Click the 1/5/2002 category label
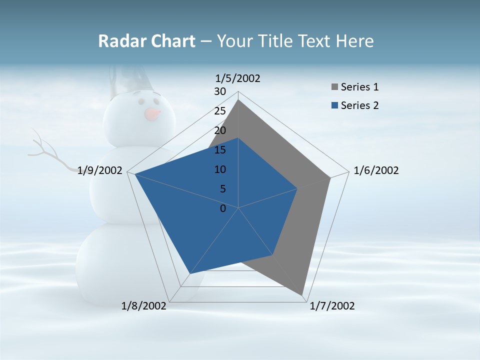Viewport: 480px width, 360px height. [x=238, y=78]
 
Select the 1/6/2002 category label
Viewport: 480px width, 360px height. [x=376, y=170]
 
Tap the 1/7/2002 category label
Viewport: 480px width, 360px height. [x=332, y=306]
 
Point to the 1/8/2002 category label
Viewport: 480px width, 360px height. [x=144, y=306]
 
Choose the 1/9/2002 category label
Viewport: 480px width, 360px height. [x=100, y=170]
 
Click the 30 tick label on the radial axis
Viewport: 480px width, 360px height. [x=220, y=91]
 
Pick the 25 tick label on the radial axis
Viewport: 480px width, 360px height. [x=220, y=111]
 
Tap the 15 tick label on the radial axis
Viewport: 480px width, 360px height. [x=220, y=150]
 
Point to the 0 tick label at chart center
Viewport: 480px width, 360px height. [x=223, y=208]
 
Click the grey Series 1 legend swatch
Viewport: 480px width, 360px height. [x=334, y=87]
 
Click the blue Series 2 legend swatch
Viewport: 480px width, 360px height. [x=334, y=105]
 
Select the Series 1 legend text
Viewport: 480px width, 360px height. [x=359, y=87]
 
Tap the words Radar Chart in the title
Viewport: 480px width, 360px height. [x=146, y=41]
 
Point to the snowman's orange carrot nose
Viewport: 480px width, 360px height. [x=153, y=114]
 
